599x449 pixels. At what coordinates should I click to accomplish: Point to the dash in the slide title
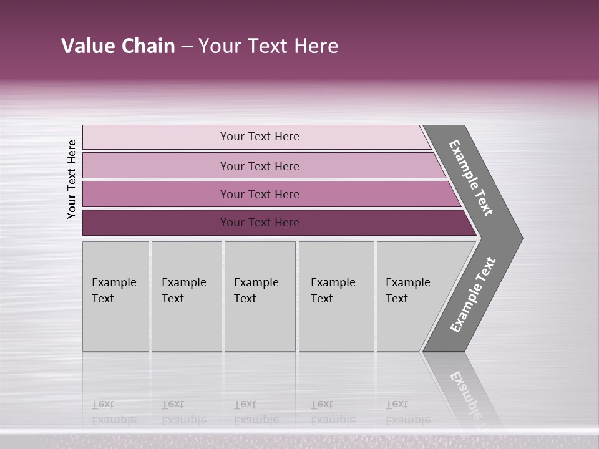pos(187,47)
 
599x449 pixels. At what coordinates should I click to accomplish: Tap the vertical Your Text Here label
pos(72,179)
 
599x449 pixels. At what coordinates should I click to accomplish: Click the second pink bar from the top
pos(259,166)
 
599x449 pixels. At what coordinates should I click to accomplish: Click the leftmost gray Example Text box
pos(115,296)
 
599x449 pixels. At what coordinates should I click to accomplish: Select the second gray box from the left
pos(187,296)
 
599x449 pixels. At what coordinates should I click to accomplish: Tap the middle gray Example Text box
pos(260,296)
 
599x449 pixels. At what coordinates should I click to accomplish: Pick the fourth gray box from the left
pos(336,296)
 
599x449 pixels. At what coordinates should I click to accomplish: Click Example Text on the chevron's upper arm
pos(471,178)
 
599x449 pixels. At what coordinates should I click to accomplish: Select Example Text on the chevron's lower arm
pos(472,295)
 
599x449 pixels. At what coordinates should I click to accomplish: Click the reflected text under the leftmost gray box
pos(114,412)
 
